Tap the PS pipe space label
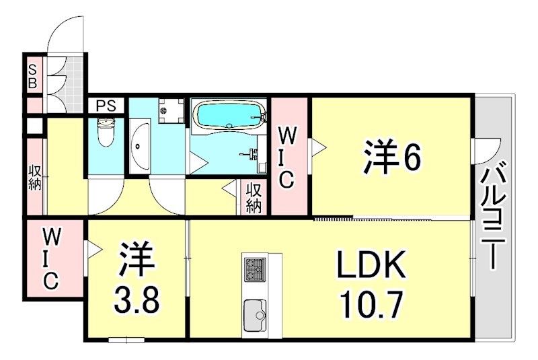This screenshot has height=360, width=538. (x=106, y=106)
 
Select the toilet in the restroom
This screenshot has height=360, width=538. (x=106, y=133)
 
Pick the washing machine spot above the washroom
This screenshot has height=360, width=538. (x=171, y=110)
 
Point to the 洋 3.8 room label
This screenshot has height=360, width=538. (x=137, y=281)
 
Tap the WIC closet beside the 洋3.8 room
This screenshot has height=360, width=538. (x=52, y=259)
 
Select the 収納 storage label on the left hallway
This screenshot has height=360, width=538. (x=35, y=176)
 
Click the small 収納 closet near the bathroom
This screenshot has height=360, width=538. (x=254, y=199)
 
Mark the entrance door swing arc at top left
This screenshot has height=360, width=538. (x=66, y=34)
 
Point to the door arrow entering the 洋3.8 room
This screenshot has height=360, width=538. (x=94, y=250)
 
